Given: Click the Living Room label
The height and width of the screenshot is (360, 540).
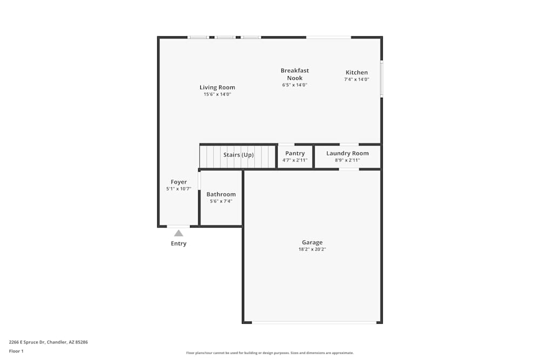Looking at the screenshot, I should (217, 87).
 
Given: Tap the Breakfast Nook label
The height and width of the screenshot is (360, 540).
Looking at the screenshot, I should (295, 74).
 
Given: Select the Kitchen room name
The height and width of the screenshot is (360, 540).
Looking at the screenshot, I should (356, 72).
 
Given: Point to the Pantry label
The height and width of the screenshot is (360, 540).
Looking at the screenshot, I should (295, 153).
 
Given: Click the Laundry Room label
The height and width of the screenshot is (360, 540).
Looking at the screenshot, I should (347, 153).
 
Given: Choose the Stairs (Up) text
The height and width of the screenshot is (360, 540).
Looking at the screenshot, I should (238, 155).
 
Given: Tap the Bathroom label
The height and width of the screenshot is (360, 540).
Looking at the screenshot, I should (221, 194).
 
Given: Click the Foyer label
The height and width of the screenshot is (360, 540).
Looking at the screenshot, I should (179, 182).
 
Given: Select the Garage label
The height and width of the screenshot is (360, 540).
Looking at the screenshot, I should (312, 242).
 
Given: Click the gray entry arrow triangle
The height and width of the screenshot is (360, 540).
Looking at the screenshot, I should (179, 233).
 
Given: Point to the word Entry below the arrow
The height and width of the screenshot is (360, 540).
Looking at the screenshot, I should (179, 243).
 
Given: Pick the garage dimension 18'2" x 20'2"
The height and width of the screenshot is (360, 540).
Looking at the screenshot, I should (312, 249).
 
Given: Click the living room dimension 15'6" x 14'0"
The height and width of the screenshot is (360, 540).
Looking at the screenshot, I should (217, 94).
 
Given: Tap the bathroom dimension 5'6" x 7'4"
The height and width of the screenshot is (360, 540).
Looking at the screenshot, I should (221, 201).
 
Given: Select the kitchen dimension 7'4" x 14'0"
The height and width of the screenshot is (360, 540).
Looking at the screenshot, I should (356, 79).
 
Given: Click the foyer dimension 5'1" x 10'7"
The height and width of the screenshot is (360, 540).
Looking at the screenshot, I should (179, 189).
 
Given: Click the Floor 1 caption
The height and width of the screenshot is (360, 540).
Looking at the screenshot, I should (16, 351).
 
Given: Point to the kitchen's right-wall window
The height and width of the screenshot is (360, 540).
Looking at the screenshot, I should (381, 79).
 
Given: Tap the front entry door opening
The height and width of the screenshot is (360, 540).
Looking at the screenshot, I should (178, 226).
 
